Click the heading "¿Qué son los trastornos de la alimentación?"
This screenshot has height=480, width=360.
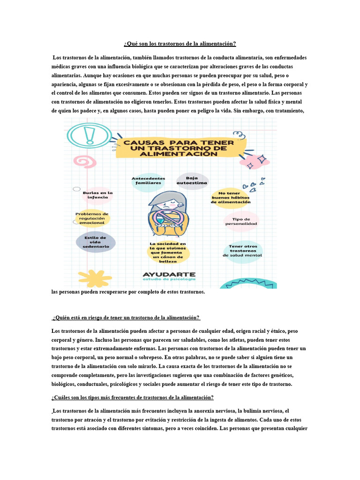(x=180, y=44)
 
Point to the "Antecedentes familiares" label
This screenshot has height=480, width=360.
(x=148, y=181)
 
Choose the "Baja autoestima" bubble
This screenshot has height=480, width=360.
(x=192, y=180)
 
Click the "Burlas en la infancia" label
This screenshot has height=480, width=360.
(x=98, y=195)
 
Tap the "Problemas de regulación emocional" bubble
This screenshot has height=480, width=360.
(x=92, y=218)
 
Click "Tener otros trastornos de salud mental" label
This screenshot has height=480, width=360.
(x=242, y=251)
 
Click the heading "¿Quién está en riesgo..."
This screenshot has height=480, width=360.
(x=126, y=318)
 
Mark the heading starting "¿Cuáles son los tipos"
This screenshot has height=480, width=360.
(x=132, y=397)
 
